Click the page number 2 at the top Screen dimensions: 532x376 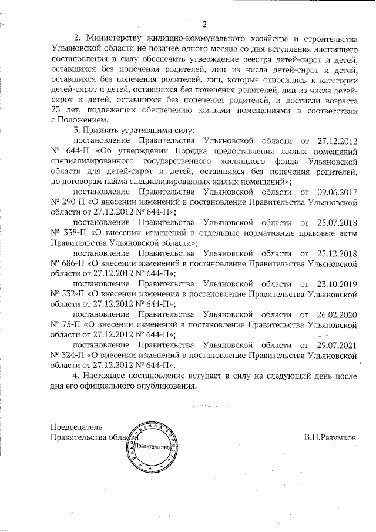204,24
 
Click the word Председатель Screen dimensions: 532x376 76,426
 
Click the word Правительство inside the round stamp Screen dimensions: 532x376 152,447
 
